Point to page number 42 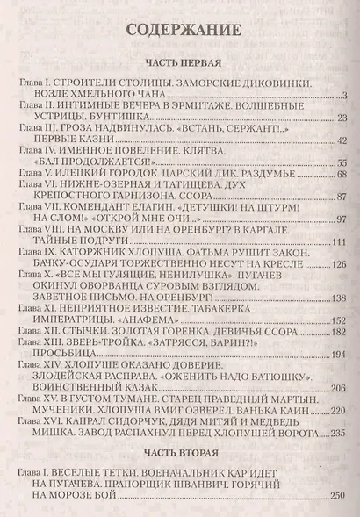coord(342,141)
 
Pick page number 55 coord(342,164)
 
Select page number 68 coord(342,176)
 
